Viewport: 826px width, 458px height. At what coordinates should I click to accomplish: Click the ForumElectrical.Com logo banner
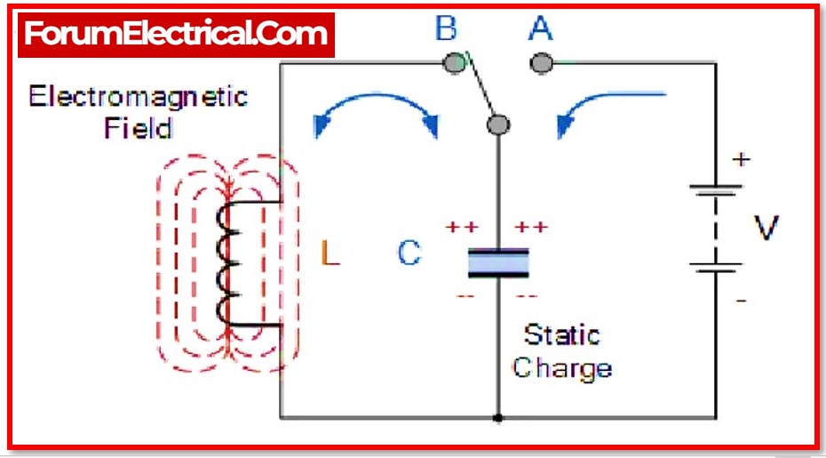(x=176, y=34)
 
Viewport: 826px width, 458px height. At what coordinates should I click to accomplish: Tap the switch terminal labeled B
(x=455, y=62)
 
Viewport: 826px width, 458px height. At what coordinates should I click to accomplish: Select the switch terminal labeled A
(x=540, y=63)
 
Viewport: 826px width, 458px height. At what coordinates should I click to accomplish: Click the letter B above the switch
(x=446, y=28)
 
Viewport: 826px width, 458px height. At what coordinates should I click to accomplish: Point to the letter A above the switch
(x=540, y=28)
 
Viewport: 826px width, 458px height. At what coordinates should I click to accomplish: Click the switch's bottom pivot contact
(x=499, y=125)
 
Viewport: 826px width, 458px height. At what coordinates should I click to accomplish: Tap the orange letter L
(x=330, y=256)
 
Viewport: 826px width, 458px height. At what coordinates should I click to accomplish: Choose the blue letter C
(x=409, y=254)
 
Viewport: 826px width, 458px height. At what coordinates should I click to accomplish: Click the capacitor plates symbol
(x=498, y=263)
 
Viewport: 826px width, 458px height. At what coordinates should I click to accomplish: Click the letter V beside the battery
(x=766, y=229)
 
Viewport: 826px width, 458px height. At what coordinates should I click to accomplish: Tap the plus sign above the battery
(x=741, y=160)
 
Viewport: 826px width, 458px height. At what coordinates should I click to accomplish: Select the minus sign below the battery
(x=741, y=301)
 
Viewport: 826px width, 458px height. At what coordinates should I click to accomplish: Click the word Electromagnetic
(x=139, y=96)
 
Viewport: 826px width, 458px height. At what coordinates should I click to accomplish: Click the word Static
(x=561, y=335)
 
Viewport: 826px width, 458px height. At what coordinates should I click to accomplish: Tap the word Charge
(x=562, y=367)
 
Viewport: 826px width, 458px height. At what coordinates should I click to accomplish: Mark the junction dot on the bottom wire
(x=498, y=417)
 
